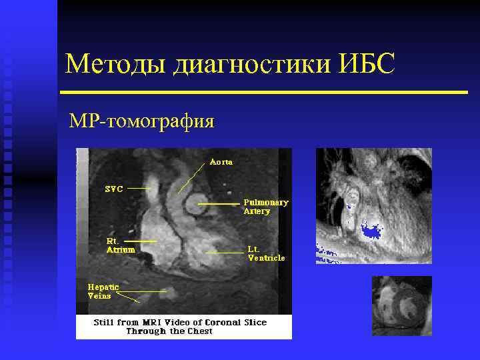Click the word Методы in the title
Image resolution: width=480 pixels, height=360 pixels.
116,65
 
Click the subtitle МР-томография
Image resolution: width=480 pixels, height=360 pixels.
142,121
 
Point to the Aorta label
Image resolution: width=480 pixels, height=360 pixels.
221,161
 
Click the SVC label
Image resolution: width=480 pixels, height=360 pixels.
114,189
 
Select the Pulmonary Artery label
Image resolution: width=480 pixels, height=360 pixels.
265,206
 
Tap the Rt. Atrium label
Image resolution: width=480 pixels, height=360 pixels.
121,245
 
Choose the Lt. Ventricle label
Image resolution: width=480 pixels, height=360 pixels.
266,253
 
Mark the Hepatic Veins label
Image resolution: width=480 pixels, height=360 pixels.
103,291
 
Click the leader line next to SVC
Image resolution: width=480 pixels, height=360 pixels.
138,189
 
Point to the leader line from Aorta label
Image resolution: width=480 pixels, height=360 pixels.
191,178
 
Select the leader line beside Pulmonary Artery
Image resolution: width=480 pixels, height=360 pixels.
218,202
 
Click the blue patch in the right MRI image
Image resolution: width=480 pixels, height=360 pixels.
369,231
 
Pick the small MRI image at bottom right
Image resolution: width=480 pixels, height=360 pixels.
401,305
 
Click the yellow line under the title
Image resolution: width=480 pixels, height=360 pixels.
264,92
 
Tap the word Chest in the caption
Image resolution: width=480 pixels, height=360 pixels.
200,331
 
